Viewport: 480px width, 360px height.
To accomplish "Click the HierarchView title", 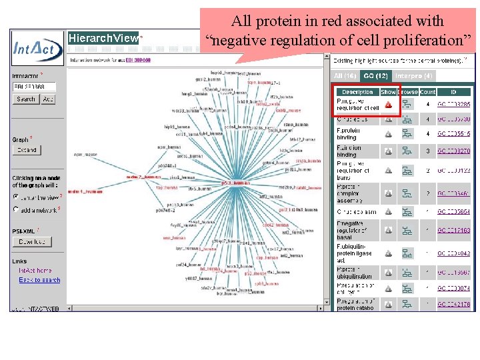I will pyautogui.click(x=103, y=39).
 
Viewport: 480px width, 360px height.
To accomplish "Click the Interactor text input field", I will pyautogui.click(x=33, y=87).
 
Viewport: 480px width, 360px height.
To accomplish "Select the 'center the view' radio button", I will pyautogui.click(x=16, y=197).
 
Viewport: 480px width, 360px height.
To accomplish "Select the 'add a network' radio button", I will pyautogui.click(x=16, y=209).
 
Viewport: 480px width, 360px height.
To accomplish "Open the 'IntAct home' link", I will pyautogui.click(x=35, y=270).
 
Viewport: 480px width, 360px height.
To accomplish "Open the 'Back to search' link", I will pyautogui.click(x=39, y=280).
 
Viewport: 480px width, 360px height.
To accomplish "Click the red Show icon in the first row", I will pyautogui.click(x=388, y=105).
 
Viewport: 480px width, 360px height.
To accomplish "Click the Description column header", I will pyautogui.click(x=357, y=92).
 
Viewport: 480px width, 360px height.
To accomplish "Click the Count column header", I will pyautogui.click(x=427, y=92).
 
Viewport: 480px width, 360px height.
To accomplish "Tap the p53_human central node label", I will pyautogui.click(x=236, y=183).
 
